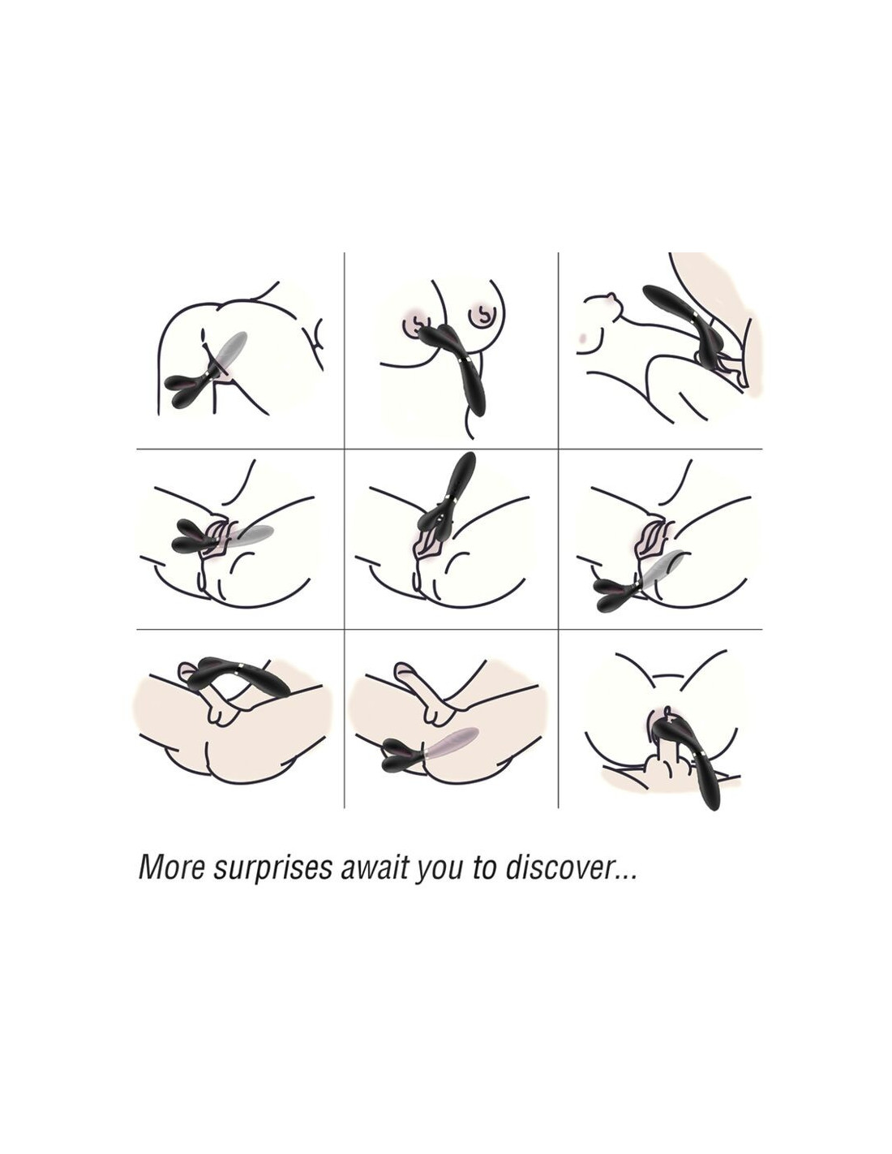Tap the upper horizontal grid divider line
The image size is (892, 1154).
(449, 449)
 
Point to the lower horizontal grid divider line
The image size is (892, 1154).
(449, 630)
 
